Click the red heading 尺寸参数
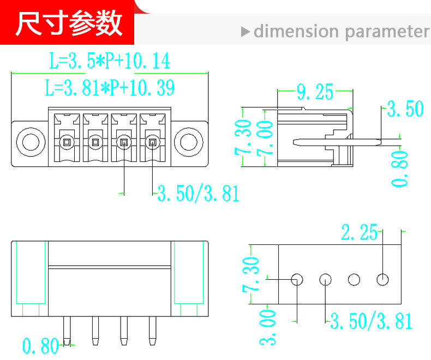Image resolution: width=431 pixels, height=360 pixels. (69, 23)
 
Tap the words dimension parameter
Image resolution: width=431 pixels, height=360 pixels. (342, 31)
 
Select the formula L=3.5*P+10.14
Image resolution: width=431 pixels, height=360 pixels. (110, 61)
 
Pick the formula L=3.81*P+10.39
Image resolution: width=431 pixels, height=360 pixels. (110, 88)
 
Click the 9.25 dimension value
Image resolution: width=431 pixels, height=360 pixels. (315, 92)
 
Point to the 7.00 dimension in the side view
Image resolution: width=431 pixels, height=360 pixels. (265, 138)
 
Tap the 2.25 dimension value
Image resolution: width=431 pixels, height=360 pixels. (360, 232)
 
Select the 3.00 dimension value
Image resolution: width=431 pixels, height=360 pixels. (267, 327)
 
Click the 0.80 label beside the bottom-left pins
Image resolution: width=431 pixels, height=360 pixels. (40, 345)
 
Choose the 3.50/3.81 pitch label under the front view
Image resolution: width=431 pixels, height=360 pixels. (198, 194)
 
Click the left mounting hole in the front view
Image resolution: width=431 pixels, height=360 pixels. (31, 142)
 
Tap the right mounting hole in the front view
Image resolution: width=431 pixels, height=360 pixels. (189, 142)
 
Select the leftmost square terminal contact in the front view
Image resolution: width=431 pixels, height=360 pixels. (67, 142)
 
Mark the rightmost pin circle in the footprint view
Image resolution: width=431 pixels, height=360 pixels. (382, 280)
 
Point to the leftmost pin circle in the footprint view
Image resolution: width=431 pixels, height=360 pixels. (297, 280)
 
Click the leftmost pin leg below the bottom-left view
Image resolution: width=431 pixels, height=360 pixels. (67, 331)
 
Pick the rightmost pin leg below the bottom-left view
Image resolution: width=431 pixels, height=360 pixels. (153, 331)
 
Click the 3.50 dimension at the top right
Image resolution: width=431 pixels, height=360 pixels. (405, 109)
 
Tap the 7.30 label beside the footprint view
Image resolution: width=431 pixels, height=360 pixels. (250, 274)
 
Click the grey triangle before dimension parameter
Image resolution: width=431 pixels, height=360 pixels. (245, 32)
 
